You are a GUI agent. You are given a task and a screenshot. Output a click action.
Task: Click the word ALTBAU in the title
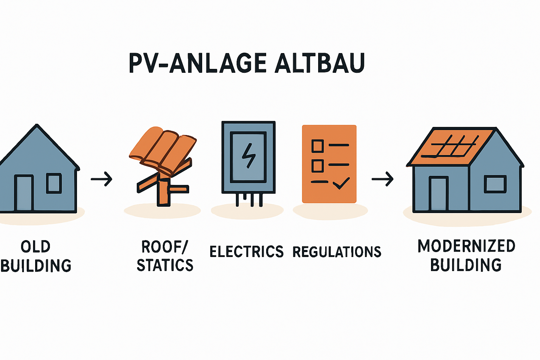(x=319, y=63)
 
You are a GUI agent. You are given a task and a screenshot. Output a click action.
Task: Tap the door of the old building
(x=24, y=193)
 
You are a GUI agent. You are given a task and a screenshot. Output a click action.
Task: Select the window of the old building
(x=54, y=183)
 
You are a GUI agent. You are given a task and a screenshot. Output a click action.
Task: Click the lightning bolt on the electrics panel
(x=249, y=155)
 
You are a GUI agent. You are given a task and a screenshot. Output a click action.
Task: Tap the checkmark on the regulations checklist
(x=341, y=183)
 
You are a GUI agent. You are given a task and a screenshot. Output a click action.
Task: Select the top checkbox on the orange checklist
(x=317, y=146)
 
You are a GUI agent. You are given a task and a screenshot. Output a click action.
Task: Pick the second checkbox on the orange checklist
(x=317, y=165)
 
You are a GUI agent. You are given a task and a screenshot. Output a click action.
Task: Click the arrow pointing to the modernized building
(x=382, y=179)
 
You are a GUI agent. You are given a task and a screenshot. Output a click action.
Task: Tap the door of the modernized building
(x=438, y=194)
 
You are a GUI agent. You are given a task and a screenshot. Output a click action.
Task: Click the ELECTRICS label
(x=246, y=252)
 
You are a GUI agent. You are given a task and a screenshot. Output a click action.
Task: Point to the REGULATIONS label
(x=337, y=252)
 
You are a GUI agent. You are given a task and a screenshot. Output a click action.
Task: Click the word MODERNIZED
(x=466, y=246)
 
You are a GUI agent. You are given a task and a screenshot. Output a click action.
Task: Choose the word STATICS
(x=165, y=265)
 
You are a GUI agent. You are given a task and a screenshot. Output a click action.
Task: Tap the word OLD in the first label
(x=36, y=246)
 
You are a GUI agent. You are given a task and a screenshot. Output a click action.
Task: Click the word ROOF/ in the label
(x=165, y=247)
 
